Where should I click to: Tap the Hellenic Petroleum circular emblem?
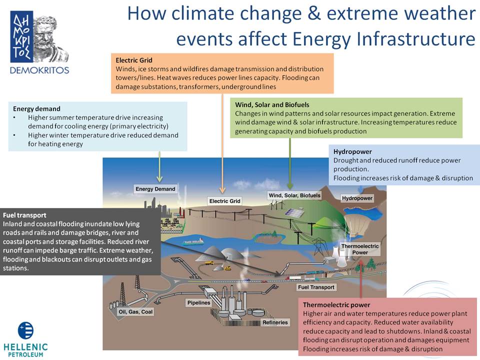[x=25, y=330]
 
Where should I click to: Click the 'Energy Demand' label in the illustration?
[x=155, y=189]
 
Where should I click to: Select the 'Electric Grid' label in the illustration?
[x=224, y=201]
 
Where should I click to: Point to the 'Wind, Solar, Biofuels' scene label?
[x=294, y=195]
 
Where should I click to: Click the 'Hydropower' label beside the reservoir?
[x=357, y=198]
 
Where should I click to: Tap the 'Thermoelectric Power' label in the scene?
[x=360, y=249]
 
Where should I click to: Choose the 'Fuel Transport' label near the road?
[x=316, y=287]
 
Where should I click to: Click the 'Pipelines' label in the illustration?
[x=199, y=303]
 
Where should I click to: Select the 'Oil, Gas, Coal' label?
[x=135, y=312]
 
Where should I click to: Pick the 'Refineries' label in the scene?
[x=275, y=322]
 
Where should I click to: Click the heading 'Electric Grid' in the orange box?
[x=134, y=60]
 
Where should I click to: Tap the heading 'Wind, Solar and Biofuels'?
[x=272, y=104]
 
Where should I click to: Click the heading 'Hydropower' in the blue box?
[x=352, y=151]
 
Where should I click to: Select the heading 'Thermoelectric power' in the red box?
[x=336, y=305]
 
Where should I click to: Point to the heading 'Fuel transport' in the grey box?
[x=24, y=215]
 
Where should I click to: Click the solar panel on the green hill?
[x=294, y=212]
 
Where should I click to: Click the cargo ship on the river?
[x=193, y=242]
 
